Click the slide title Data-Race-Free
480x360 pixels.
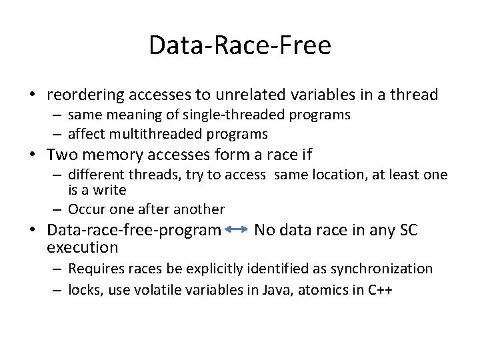coord(239,46)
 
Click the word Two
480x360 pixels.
coord(61,155)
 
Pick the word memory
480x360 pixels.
coord(110,155)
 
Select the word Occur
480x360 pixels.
coord(87,209)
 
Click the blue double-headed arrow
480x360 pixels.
coord(237,230)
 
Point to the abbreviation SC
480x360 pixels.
coord(408,231)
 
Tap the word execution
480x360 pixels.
coord(82,247)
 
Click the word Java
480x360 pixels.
coord(273,290)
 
